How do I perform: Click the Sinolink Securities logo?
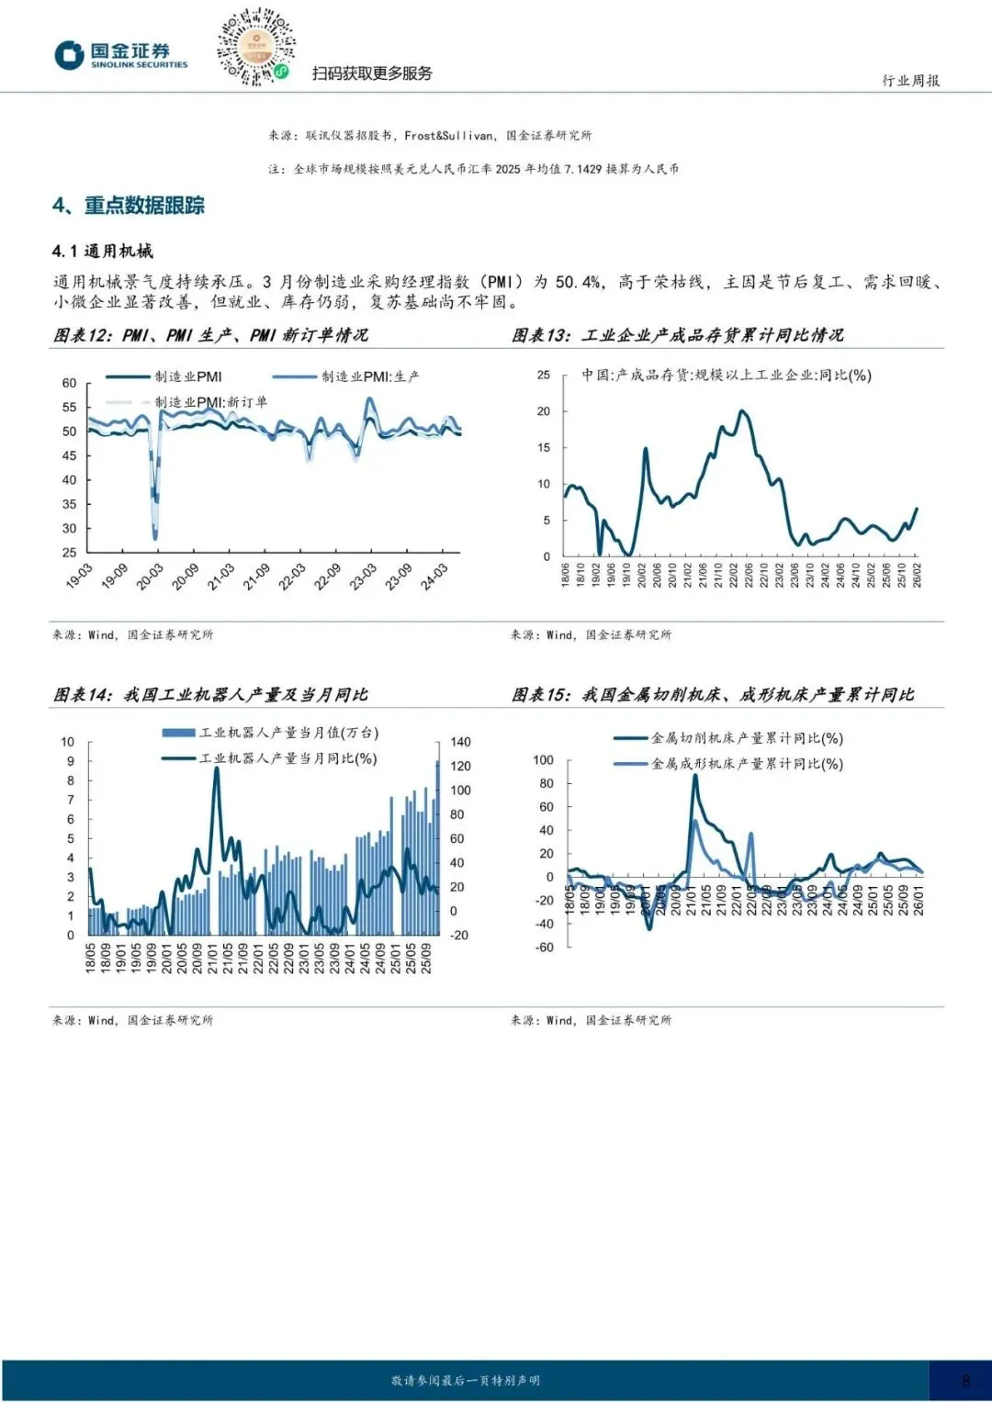pos(120,54)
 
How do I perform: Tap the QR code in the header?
pos(255,47)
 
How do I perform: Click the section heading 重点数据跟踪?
pos(144,206)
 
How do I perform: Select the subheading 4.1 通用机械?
pos(103,251)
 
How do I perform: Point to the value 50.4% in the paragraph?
pos(579,282)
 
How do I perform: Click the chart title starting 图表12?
pos(210,335)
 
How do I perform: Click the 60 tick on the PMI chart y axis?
pos(70,383)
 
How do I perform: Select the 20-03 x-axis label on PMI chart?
pos(149,576)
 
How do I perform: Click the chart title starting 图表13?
pos(677,335)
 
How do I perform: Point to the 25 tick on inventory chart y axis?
pos(544,376)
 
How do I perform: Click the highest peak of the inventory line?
pos(741,411)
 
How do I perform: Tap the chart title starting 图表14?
pos(210,695)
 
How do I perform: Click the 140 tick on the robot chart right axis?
pos(460,742)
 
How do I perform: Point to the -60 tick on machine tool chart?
pos(545,948)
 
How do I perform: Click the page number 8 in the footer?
pos(965,1380)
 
